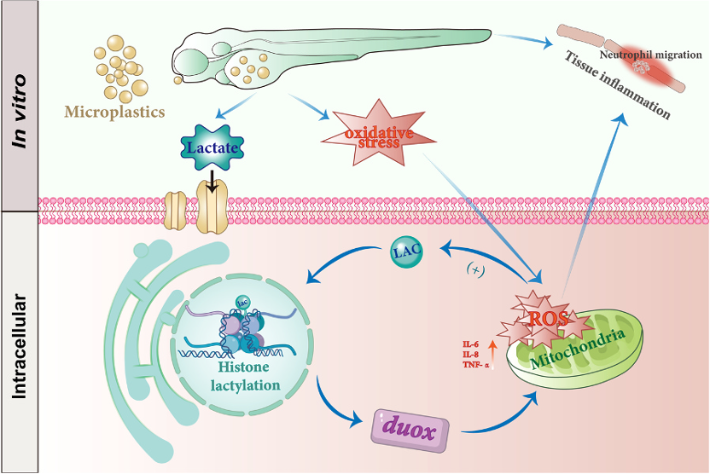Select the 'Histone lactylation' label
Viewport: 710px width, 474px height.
245,377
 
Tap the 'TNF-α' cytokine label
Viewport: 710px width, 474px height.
474,364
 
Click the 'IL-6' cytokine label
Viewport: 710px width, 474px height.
471,344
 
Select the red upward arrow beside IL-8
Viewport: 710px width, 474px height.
494,350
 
